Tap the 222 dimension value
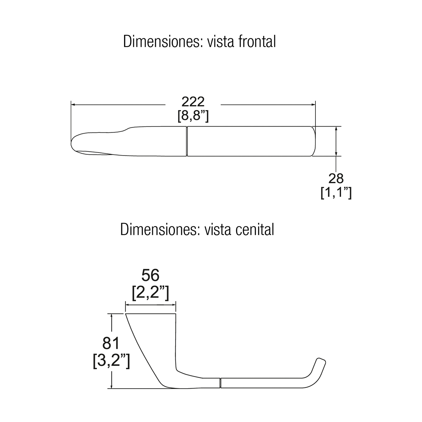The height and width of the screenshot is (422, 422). (193, 102)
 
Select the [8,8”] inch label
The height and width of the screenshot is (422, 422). (193, 115)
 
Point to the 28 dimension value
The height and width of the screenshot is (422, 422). (336, 179)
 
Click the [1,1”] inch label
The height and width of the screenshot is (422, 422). (336, 192)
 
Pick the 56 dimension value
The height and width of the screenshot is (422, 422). (150, 275)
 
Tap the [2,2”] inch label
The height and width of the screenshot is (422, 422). (150, 293)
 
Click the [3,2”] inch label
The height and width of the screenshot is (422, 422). (111, 360)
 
